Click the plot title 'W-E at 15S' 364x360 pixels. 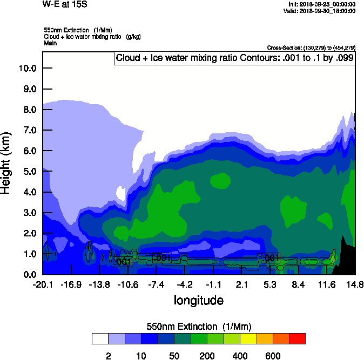pyautogui.click(x=64, y=4)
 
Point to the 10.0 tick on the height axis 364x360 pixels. pyautogui.click(x=27, y=69)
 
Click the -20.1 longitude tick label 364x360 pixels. pyautogui.click(x=43, y=285)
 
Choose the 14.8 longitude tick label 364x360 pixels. pyautogui.click(x=354, y=285)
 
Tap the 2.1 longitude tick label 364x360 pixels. pyautogui.click(x=241, y=285)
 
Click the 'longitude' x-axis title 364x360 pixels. pyautogui.click(x=198, y=301)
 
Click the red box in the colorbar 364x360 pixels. pyautogui.click(x=298, y=338)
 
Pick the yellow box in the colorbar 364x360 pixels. pyautogui.click(x=248, y=338)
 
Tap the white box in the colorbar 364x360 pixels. pyautogui.click(x=100, y=338)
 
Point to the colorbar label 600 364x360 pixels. pyautogui.click(x=273, y=356)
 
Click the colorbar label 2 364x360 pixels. pyautogui.click(x=108, y=356)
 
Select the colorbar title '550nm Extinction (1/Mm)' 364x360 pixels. pyautogui.click(x=199, y=326)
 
